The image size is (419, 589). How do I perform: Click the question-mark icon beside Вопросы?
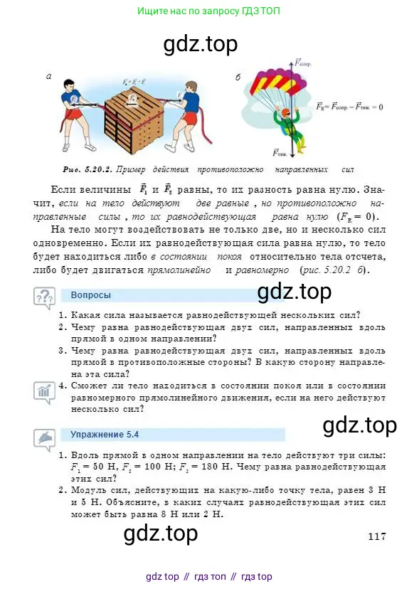43,297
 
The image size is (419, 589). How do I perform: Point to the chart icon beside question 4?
43,390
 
